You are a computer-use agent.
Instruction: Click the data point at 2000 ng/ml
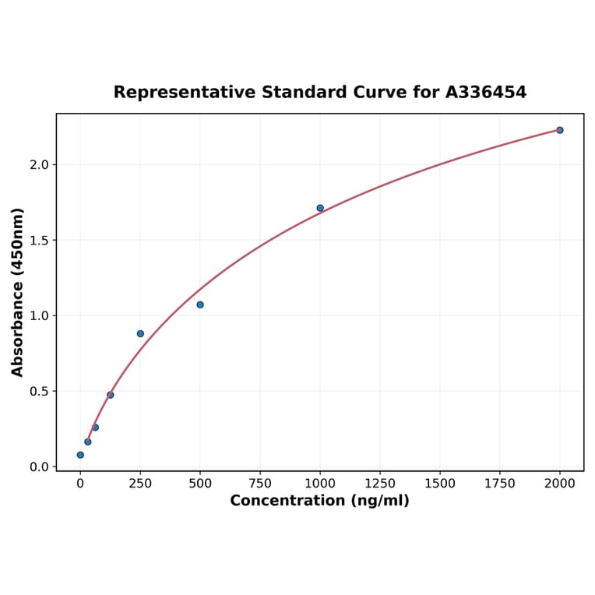tap(559, 130)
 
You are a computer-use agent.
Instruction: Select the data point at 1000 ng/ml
tap(320, 208)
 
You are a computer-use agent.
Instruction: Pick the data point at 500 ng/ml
tap(200, 305)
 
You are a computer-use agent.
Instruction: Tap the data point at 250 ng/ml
tap(140, 333)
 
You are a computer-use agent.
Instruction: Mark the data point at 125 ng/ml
tap(111, 395)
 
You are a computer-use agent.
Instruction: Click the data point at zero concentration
tap(80, 455)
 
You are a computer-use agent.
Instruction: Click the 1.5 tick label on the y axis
tap(38, 241)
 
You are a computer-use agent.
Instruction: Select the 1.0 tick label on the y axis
tap(38, 316)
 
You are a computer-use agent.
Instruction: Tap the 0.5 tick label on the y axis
tap(38, 392)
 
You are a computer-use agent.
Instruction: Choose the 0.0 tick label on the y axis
tap(38, 467)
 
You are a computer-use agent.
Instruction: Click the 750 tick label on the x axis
tap(260, 484)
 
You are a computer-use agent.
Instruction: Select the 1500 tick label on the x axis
tap(440, 484)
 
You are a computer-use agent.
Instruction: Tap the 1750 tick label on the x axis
tap(500, 484)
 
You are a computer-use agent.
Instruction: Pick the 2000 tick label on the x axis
tap(559, 484)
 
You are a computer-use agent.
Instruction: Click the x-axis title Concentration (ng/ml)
tap(319, 501)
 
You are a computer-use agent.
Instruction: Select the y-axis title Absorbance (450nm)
tap(17, 292)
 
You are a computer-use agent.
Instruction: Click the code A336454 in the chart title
tap(485, 93)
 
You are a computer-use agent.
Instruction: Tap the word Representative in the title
tap(184, 93)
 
